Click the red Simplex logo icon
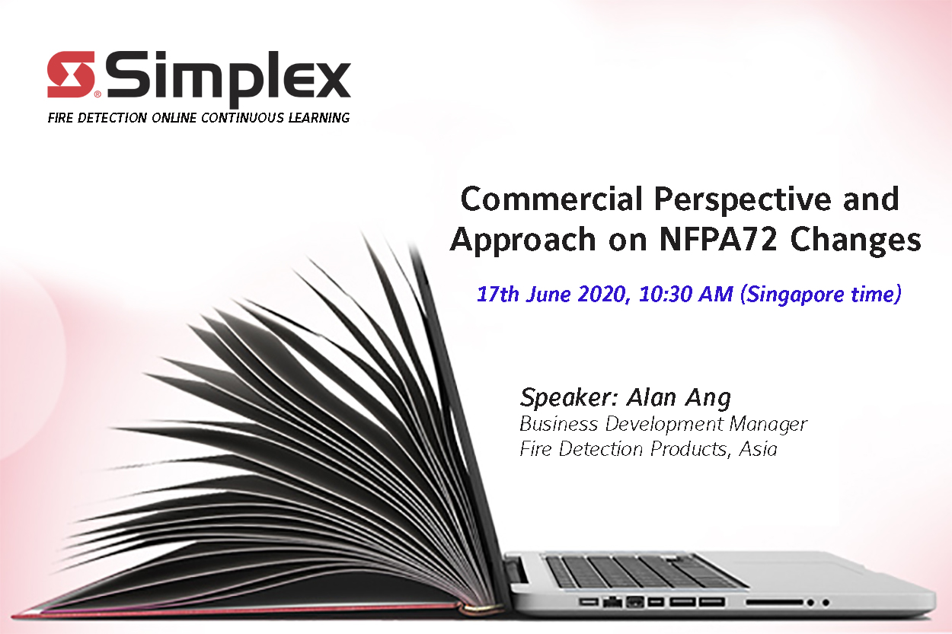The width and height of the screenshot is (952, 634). (x=71, y=75)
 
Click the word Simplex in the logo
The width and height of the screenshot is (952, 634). (x=228, y=79)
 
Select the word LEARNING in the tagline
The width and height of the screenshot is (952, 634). (x=319, y=118)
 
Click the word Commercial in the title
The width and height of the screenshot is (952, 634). (x=551, y=199)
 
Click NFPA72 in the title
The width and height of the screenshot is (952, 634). (x=718, y=240)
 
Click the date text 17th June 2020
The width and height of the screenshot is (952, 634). (x=551, y=295)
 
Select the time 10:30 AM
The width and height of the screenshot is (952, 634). (x=686, y=294)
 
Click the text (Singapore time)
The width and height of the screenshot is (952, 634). (x=821, y=295)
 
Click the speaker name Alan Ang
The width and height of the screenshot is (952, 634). (x=679, y=398)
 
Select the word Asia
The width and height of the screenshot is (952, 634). (x=759, y=449)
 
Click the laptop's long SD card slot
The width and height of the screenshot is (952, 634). (x=775, y=602)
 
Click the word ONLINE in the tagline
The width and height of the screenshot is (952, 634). (x=174, y=118)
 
